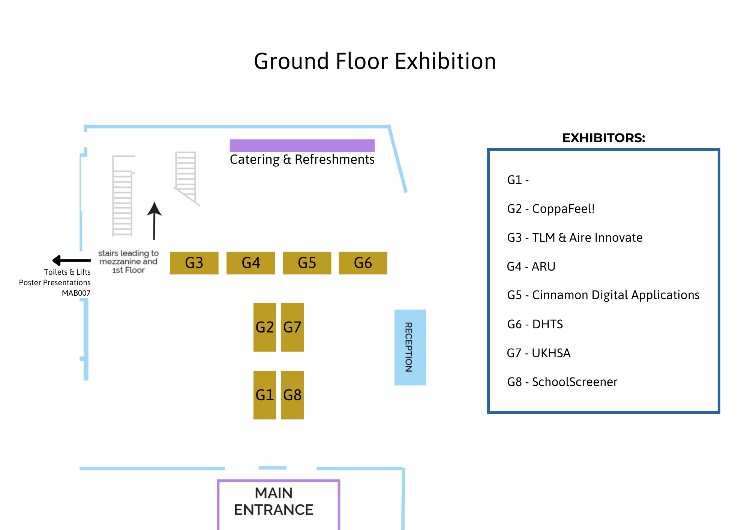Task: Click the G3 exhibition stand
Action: (x=194, y=263)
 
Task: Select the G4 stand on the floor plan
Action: (x=250, y=263)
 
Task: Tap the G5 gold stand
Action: (x=307, y=263)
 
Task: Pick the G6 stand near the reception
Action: (x=363, y=263)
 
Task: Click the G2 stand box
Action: (x=264, y=327)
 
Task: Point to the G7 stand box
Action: (x=292, y=327)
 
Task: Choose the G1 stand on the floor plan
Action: (x=264, y=395)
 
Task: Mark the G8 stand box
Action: (x=292, y=395)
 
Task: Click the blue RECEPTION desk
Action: (x=410, y=347)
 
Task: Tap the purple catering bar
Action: (x=302, y=145)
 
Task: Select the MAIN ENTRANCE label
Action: (x=274, y=501)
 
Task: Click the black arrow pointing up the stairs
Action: (x=154, y=221)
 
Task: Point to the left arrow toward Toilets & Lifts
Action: (x=71, y=260)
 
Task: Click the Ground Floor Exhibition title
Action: (x=375, y=61)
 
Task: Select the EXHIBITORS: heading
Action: (x=603, y=138)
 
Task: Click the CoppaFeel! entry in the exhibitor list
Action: (x=551, y=209)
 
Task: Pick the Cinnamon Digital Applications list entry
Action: (x=603, y=295)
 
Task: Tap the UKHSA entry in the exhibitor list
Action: (x=538, y=353)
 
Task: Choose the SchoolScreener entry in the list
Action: (x=562, y=382)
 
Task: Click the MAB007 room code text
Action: (x=76, y=293)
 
